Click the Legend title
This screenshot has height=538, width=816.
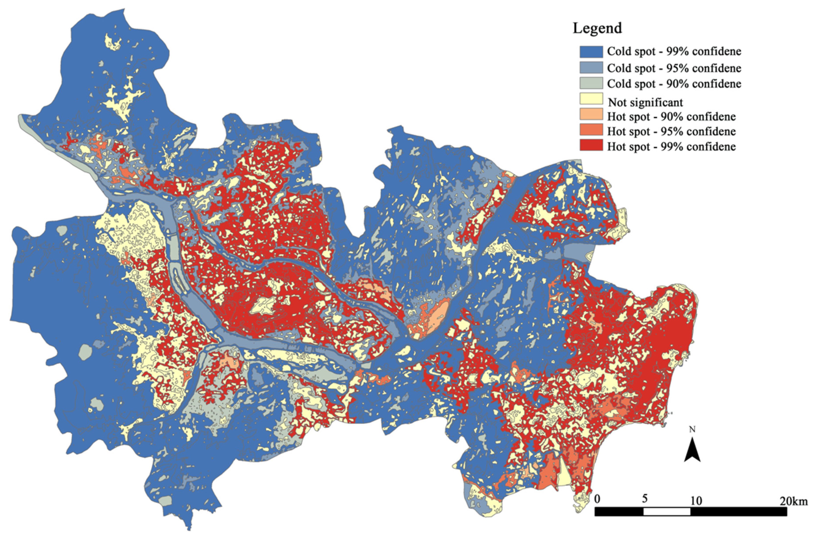[597, 28]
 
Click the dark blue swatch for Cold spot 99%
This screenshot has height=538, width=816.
[591, 52]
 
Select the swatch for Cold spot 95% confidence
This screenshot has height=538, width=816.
[591, 67]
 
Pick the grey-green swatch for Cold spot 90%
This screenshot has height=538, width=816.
[591, 83]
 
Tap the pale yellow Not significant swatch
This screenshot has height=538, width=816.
[591, 99]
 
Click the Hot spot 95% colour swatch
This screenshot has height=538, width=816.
[591, 130]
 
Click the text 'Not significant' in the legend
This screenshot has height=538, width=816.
[645, 102]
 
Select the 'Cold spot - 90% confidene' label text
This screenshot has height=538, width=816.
[674, 84]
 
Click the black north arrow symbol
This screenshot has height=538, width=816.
[692, 450]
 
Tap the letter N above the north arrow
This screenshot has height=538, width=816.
[692, 430]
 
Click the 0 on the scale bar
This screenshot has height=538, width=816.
[597, 499]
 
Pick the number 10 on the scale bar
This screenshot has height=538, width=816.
[696, 501]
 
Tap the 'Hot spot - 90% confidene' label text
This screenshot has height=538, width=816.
[671, 117]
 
